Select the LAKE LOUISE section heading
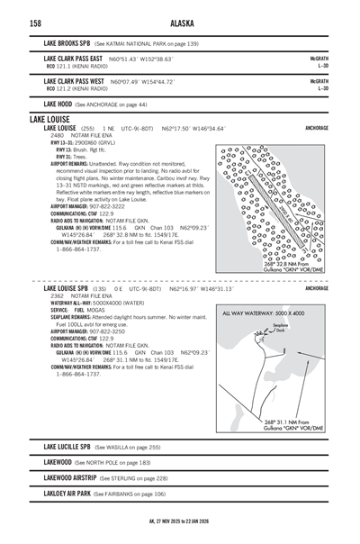pos(50,119)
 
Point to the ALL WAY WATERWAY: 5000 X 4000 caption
pos(272,287)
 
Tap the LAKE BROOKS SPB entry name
pos(67,41)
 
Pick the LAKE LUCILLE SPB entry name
pos(67,447)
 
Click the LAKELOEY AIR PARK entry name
pos(67,494)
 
